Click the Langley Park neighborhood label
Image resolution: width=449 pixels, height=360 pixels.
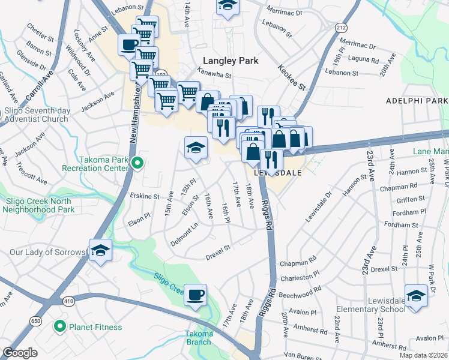point(231,61)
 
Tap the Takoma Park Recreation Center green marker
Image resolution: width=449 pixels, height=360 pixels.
point(137,163)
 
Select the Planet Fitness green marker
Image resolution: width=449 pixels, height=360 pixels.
point(59,327)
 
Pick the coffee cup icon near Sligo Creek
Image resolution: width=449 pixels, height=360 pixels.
point(195,295)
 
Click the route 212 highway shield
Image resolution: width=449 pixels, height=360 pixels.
point(341,28)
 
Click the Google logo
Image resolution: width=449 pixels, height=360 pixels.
point(20,353)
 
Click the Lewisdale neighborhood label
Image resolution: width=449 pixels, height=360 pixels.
point(277,172)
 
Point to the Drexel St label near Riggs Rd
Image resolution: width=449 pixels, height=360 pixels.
point(218,248)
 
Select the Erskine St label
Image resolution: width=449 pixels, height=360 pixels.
point(144,196)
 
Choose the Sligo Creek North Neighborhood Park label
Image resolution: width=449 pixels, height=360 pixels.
point(39,205)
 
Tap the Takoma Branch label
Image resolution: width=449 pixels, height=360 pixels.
point(199,338)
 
